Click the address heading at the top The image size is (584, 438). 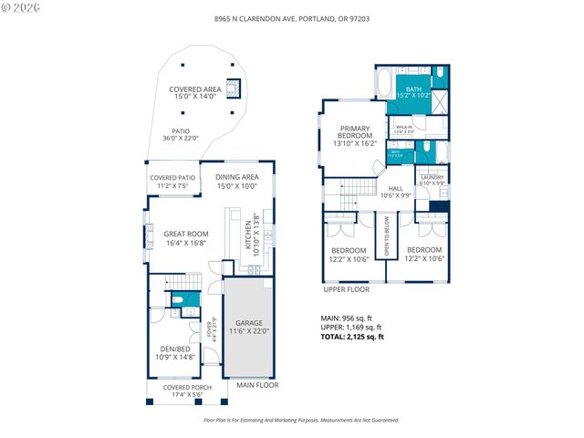point(291,18)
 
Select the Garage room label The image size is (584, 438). point(249,328)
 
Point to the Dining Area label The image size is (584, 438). point(237,181)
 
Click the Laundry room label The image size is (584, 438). point(433,180)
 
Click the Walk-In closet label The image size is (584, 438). point(403,129)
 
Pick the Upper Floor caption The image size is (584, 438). point(347,289)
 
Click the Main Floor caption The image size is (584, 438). point(257,385)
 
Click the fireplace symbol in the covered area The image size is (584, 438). point(234,88)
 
